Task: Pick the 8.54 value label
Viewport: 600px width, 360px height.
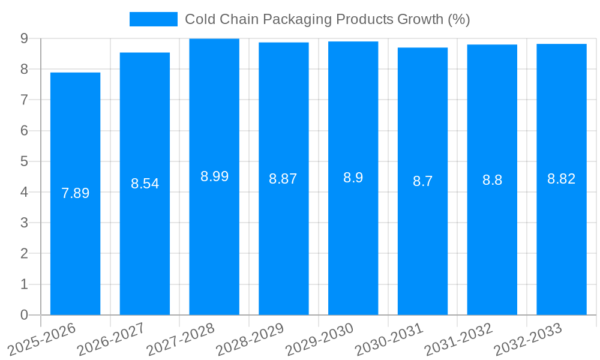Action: [x=145, y=184]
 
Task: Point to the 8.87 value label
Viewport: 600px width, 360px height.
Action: [x=283, y=179]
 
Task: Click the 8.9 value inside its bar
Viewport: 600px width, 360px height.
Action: [x=353, y=178]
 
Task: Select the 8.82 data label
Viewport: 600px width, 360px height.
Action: [x=561, y=179]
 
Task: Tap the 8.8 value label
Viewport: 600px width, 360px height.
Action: [x=492, y=180]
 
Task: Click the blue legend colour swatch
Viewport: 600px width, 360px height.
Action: [x=154, y=19]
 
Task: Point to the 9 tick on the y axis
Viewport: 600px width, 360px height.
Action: [x=24, y=38]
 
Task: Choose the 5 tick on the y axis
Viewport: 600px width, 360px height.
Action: [x=24, y=161]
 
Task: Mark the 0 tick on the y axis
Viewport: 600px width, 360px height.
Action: [x=24, y=315]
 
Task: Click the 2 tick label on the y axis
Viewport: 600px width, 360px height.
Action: [x=24, y=254]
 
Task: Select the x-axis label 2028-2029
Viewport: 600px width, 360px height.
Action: [x=251, y=339]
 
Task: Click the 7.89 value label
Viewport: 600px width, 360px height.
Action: [x=75, y=193]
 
